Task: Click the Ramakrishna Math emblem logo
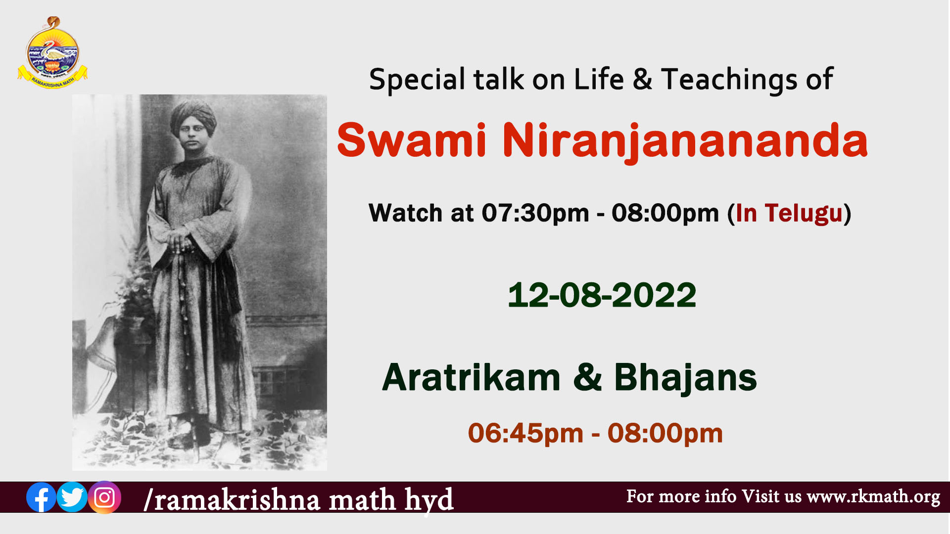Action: tap(52, 53)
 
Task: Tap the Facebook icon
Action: tap(41, 497)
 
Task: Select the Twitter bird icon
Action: tap(72, 497)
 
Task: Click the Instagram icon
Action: tap(104, 497)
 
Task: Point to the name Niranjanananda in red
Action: tap(685, 141)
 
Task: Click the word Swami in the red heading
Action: tap(412, 140)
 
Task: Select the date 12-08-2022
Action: tap(602, 295)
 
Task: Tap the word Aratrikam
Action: tap(472, 377)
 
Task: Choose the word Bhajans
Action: tap(685, 378)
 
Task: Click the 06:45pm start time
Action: tap(525, 433)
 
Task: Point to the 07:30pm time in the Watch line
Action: tap(535, 213)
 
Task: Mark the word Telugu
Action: tap(804, 213)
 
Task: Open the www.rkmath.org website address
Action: tap(873, 496)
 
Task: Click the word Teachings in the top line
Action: tap(729, 80)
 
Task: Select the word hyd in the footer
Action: tap(428, 500)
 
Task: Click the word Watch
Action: tap(405, 213)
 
